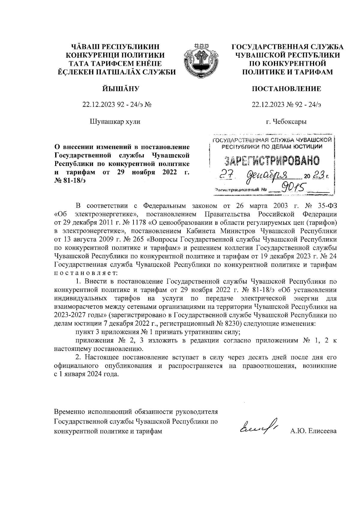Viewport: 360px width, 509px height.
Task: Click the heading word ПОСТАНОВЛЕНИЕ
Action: coord(286,89)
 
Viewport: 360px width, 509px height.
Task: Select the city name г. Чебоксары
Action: coord(286,122)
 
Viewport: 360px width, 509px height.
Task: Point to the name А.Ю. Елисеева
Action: coord(313,431)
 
